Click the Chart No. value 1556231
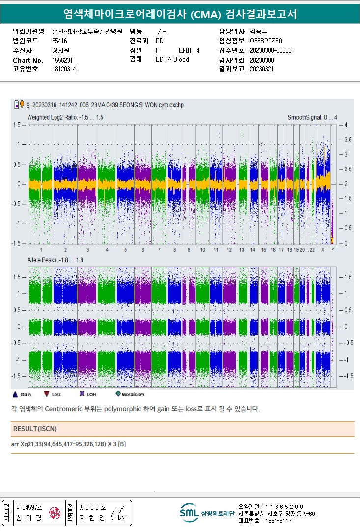coord(62,60)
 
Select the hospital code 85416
coord(59,41)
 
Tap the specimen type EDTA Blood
coord(172,59)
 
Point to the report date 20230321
coord(261,69)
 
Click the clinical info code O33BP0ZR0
coord(266,41)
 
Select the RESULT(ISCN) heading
coord(35,429)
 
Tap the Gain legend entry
coord(23,394)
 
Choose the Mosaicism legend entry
coord(131,394)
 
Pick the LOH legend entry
coord(89,394)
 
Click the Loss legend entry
coord(53,394)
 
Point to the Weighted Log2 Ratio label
coord(65,117)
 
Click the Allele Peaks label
coord(55,259)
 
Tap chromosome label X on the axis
coord(323,250)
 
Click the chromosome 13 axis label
coord(241,250)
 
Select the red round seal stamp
coord(53,513)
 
